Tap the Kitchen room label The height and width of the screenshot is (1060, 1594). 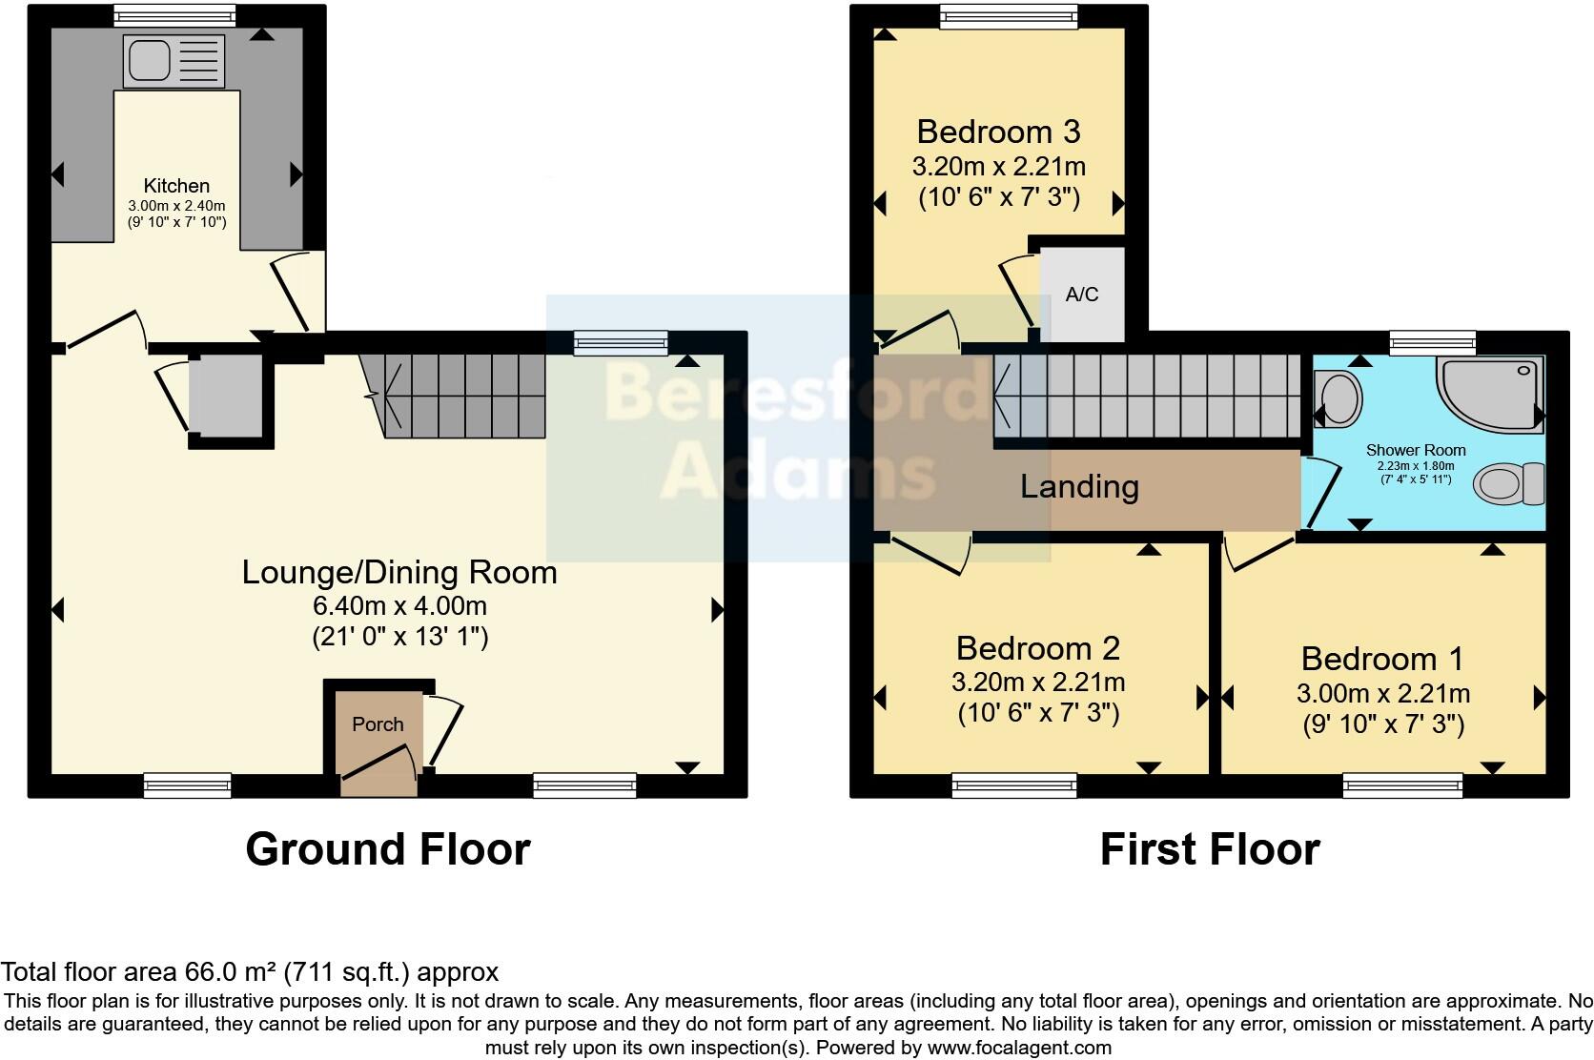[176, 186]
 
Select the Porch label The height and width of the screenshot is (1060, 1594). [378, 724]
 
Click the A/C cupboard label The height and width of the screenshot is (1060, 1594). [1081, 295]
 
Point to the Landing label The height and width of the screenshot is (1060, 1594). [1079, 487]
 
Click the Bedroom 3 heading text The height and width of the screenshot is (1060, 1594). [998, 132]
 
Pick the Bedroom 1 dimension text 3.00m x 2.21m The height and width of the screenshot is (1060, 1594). [1382, 694]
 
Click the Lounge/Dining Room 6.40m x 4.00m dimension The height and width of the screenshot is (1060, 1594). [399, 605]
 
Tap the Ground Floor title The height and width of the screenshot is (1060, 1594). [387, 849]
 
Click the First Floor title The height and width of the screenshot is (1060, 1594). [1209, 849]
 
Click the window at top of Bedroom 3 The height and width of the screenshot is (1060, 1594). [1008, 14]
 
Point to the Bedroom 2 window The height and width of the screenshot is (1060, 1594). [1013, 785]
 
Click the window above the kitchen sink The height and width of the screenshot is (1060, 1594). [173, 14]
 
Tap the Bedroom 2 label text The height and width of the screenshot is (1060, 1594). [1037, 648]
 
